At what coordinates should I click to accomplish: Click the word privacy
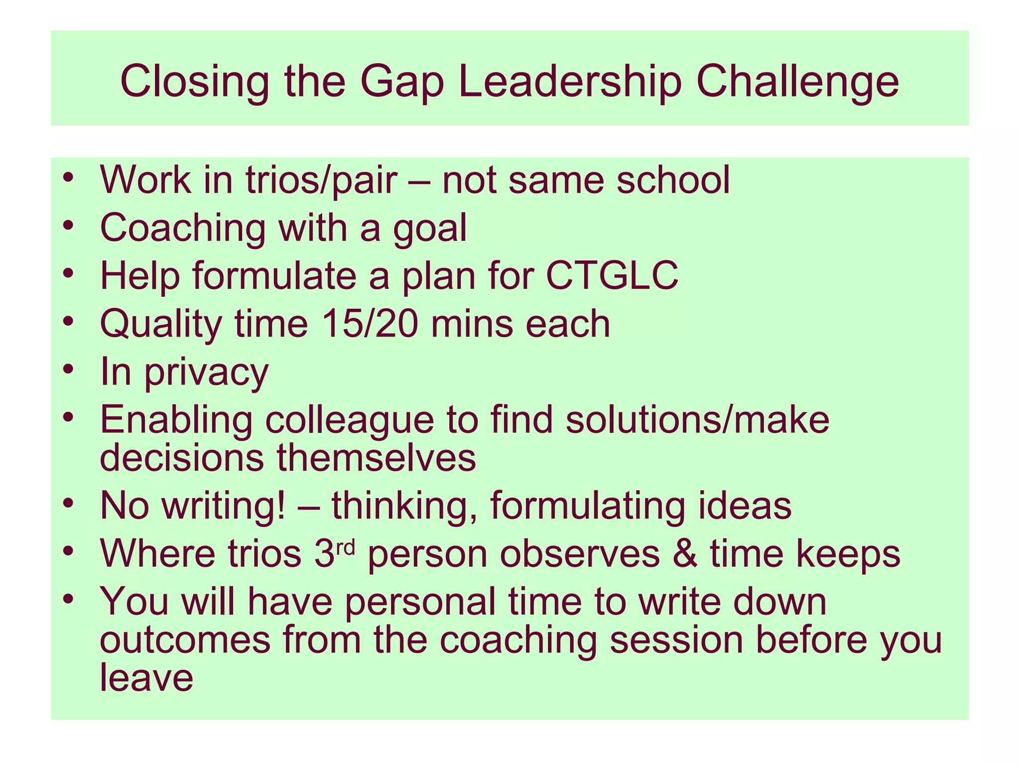click(206, 372)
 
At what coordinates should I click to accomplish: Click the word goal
click(430, 228)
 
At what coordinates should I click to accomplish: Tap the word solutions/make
click(697, 419)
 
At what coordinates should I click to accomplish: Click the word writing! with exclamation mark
click(224, 506)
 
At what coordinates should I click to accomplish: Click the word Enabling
click(176, 419)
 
